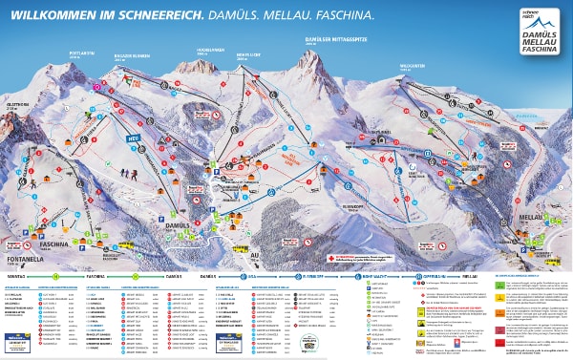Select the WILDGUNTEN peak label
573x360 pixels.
414,66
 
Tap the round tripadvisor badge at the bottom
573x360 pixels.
308,340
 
